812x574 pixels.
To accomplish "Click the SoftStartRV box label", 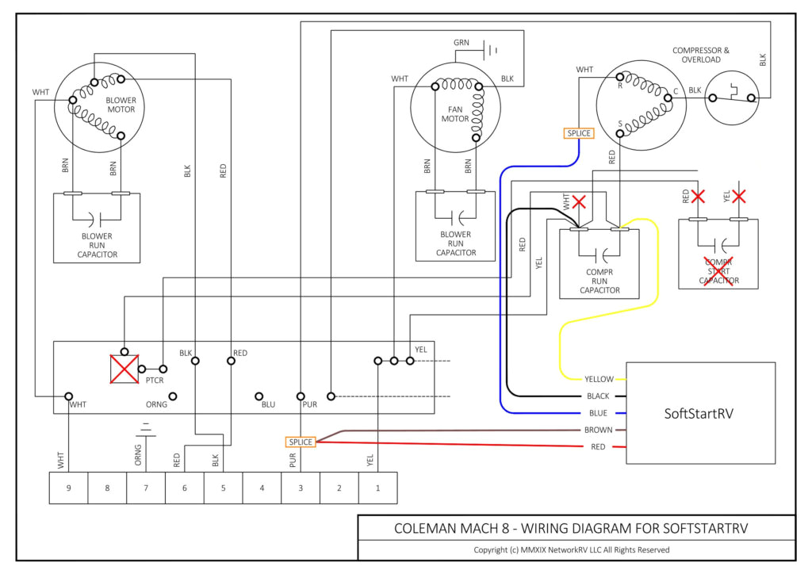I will (700, 413).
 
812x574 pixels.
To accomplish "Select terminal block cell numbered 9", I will (69, 488).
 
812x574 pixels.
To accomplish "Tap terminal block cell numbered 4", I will (262, 488).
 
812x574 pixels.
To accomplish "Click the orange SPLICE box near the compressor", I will (578, 133).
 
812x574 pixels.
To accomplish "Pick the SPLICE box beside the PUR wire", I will (301, 442).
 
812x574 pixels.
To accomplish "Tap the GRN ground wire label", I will (462, 42).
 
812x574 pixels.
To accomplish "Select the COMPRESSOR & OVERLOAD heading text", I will (701, 55).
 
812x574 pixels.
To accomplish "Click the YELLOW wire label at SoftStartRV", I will (599, 379).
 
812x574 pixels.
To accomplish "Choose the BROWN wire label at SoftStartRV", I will (599, 430).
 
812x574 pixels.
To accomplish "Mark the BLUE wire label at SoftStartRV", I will (599, 413).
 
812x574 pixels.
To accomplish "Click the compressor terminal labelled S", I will (620, 124).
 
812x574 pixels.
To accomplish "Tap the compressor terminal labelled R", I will (620, 86).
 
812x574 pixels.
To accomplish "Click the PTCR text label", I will (154, 381).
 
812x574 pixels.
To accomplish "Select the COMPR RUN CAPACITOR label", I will (599, 280).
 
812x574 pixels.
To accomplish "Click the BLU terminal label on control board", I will (268, 404).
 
